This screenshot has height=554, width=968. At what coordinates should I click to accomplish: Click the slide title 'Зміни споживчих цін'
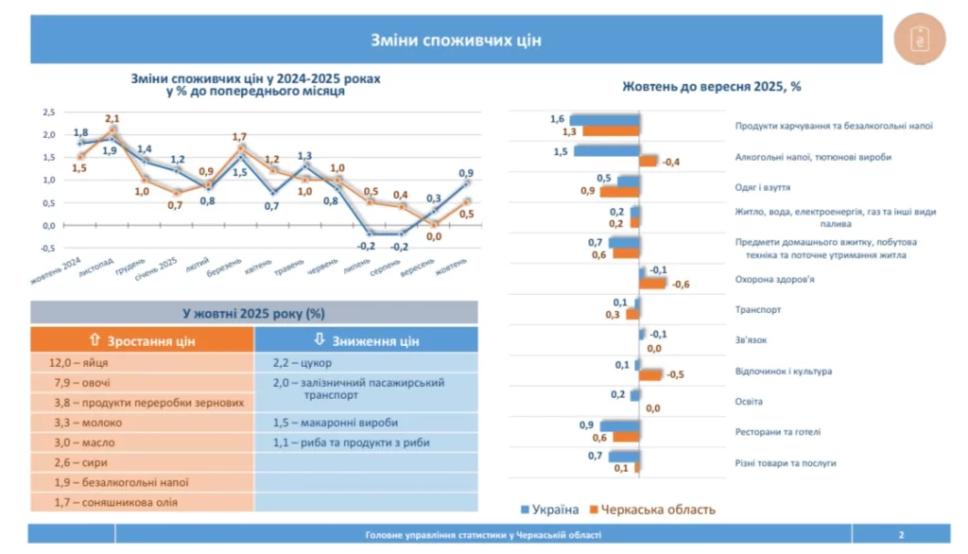click(x=456, y=40)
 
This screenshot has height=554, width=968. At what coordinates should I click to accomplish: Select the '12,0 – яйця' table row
click(x=142, y=362)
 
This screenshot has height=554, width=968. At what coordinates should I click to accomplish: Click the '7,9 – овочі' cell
click(x=142, y=382)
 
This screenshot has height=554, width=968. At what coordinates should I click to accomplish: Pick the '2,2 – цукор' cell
click(x=367, y=362)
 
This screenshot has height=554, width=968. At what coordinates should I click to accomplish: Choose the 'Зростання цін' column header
click(x=142, y=340)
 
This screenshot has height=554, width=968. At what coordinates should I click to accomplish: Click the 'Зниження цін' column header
click(x=367, y=340)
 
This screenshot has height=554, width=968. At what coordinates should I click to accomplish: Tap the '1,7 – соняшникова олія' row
click(x=142, y=502)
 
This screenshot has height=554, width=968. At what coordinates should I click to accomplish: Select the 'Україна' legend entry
click(x=550, y=510)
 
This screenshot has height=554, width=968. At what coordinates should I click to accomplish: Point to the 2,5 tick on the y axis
click(x=48, y=112)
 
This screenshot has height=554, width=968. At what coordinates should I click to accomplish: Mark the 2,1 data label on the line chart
click(x=112, y=118)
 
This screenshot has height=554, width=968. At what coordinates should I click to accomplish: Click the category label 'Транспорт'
click(x=758, y=309)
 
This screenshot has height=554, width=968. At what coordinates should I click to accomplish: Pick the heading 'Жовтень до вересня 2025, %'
click(x=711, y=86)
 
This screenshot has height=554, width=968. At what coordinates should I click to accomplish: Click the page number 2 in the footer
click(x=902, y=535)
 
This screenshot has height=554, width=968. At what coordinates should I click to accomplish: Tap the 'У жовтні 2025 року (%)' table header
click(x=253, y=313)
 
